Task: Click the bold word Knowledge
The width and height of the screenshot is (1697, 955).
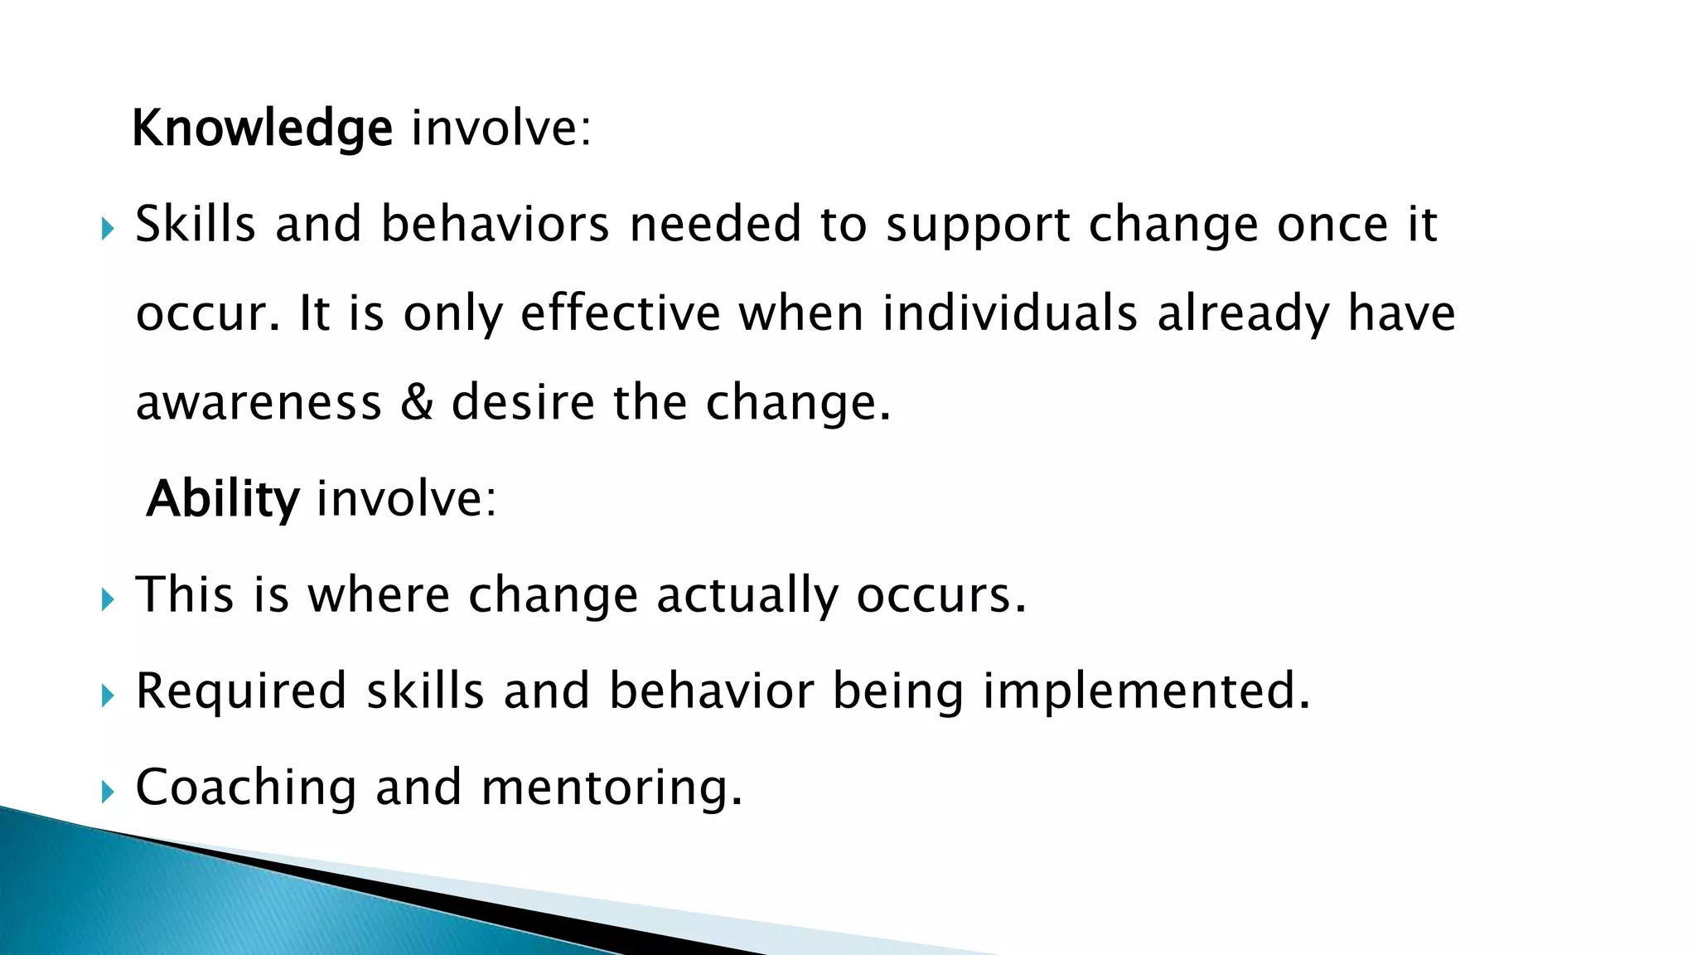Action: point(262,129)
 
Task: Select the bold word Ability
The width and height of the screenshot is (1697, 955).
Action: point(222,499)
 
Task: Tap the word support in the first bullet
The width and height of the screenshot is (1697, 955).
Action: point(977,225)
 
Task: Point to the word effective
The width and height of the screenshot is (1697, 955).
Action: point(621,313)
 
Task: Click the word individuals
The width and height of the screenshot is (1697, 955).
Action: point(1009,313)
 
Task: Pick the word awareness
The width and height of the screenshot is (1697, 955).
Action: point(259,403)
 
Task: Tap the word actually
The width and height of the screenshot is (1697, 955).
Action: point(747,596)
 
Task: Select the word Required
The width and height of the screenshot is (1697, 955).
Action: point(241,692)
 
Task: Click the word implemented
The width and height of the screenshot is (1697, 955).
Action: point(1146,692)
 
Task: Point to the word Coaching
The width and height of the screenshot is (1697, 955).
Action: point(246,788)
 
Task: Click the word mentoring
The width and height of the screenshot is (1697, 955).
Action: point(612,788)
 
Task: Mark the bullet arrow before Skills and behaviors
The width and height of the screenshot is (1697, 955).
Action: point(108,228)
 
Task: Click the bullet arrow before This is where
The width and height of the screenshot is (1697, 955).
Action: point(108,599)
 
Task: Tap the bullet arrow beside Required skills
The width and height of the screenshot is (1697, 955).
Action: point(108,695)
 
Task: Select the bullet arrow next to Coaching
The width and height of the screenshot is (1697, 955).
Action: point(108,791)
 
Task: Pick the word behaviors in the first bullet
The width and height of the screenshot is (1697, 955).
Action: point(495,225)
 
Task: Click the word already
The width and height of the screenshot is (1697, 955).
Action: point(1243,315)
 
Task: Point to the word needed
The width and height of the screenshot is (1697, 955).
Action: point(715,225)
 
